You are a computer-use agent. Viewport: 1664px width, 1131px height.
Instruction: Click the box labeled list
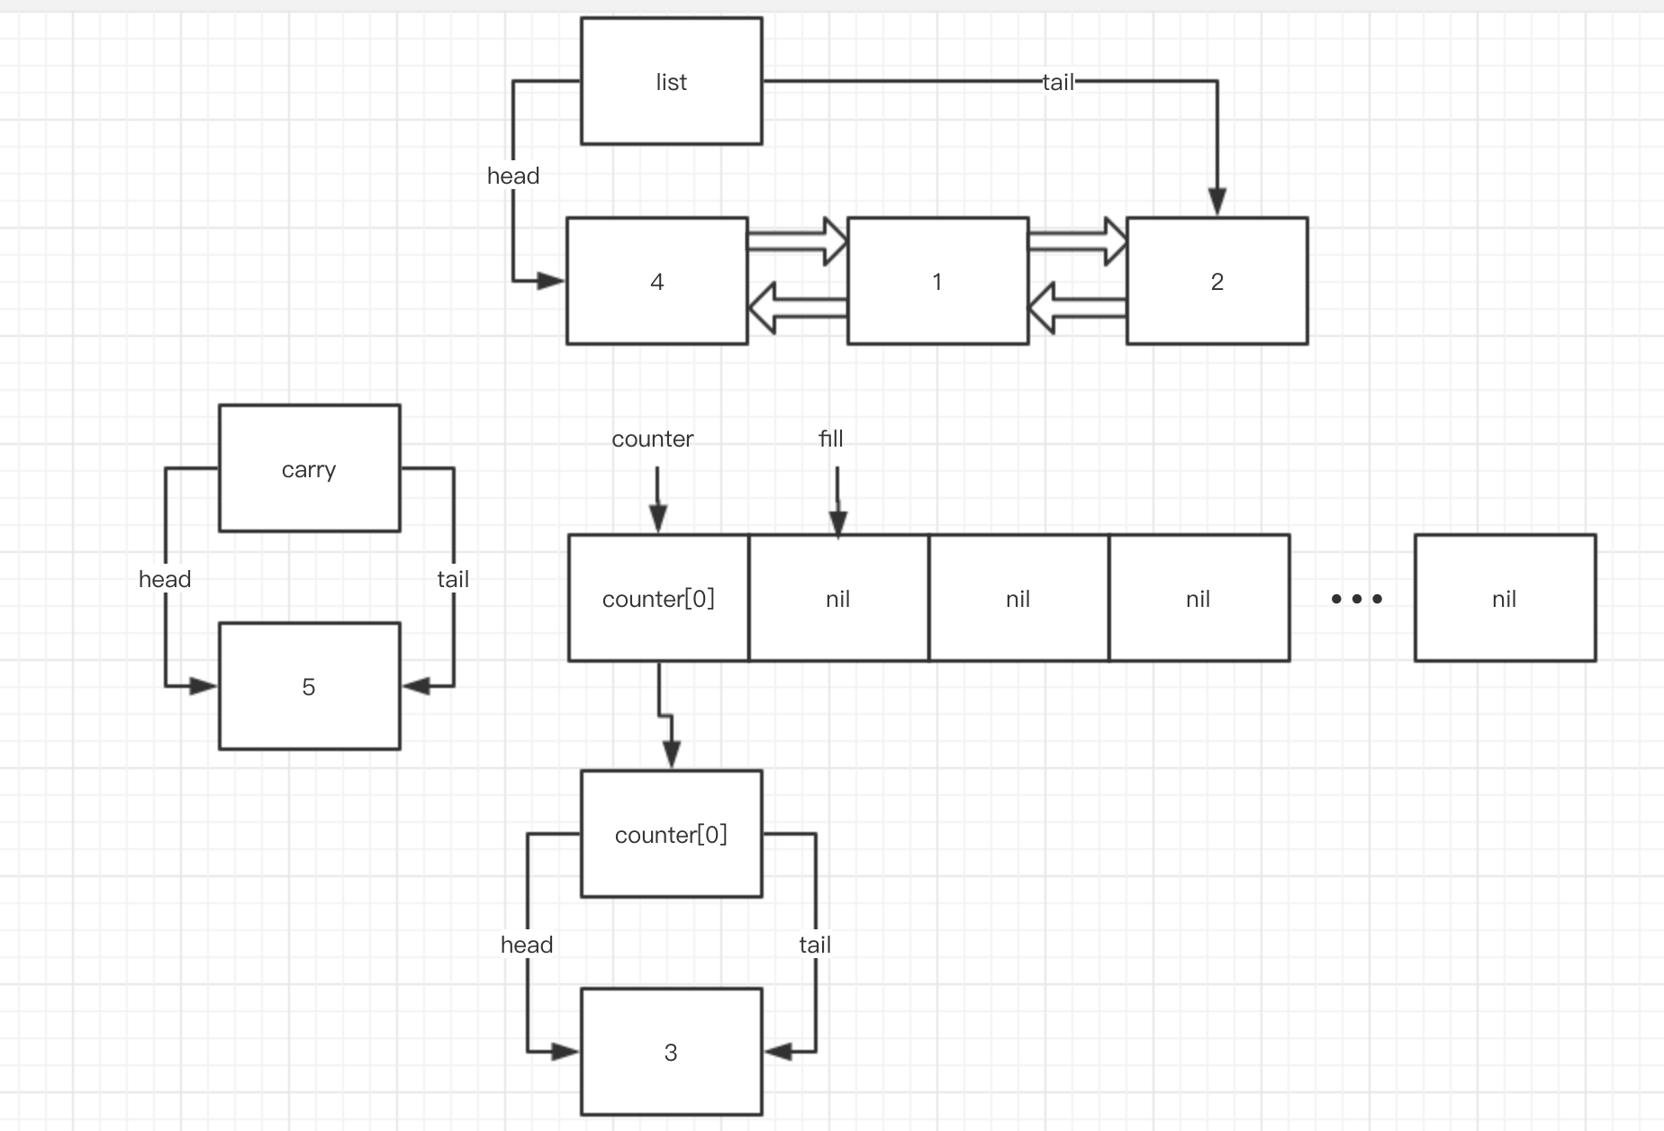point(671,81)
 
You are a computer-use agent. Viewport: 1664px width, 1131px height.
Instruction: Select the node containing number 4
point(656,281)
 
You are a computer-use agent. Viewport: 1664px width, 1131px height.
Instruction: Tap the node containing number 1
point(936,281)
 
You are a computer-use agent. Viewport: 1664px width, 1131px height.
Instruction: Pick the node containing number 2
point(1216,281)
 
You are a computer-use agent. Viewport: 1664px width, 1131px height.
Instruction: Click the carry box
point(309,468)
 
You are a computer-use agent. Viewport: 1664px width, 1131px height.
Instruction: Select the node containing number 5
point(309,686)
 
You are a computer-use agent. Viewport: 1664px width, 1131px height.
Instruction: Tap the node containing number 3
point(671,1052)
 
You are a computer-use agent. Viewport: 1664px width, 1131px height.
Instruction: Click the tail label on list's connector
point(1058,82)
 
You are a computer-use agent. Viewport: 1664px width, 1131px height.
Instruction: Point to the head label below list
point(513,176)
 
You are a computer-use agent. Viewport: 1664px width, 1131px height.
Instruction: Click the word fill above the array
point(830,439)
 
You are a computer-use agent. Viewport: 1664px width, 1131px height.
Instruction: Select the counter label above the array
point(652,439)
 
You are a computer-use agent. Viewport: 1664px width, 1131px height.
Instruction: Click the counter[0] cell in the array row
point(658,598)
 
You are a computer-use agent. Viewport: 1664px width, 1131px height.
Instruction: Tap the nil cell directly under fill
point(838,598)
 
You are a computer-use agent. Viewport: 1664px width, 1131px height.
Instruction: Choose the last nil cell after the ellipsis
point(1505,598)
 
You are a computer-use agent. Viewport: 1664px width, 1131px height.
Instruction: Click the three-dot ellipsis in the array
point(1356,598)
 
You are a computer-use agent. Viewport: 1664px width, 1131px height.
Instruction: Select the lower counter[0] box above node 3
point(671,834)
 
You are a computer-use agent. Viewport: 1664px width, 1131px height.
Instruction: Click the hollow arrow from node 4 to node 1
point(797,240)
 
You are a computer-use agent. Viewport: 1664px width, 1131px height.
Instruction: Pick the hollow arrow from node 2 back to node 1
point(1077,308)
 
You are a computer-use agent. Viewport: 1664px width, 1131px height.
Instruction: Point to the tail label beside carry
point(453,579)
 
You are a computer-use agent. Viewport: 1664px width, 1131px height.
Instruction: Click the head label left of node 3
point(527,945)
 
